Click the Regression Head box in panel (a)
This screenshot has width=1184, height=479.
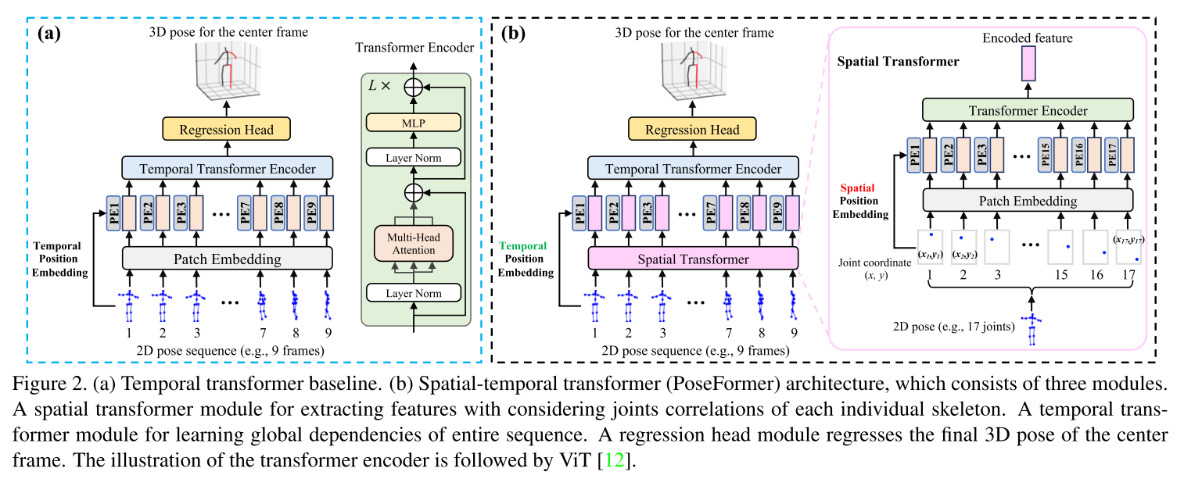[x=227, y=129]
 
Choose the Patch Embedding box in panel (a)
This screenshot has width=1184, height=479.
[x=227, y=257]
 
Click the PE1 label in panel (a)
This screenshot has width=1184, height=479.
[x=114, y=213]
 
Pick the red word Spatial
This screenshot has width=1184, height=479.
[x=858, y=188]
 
